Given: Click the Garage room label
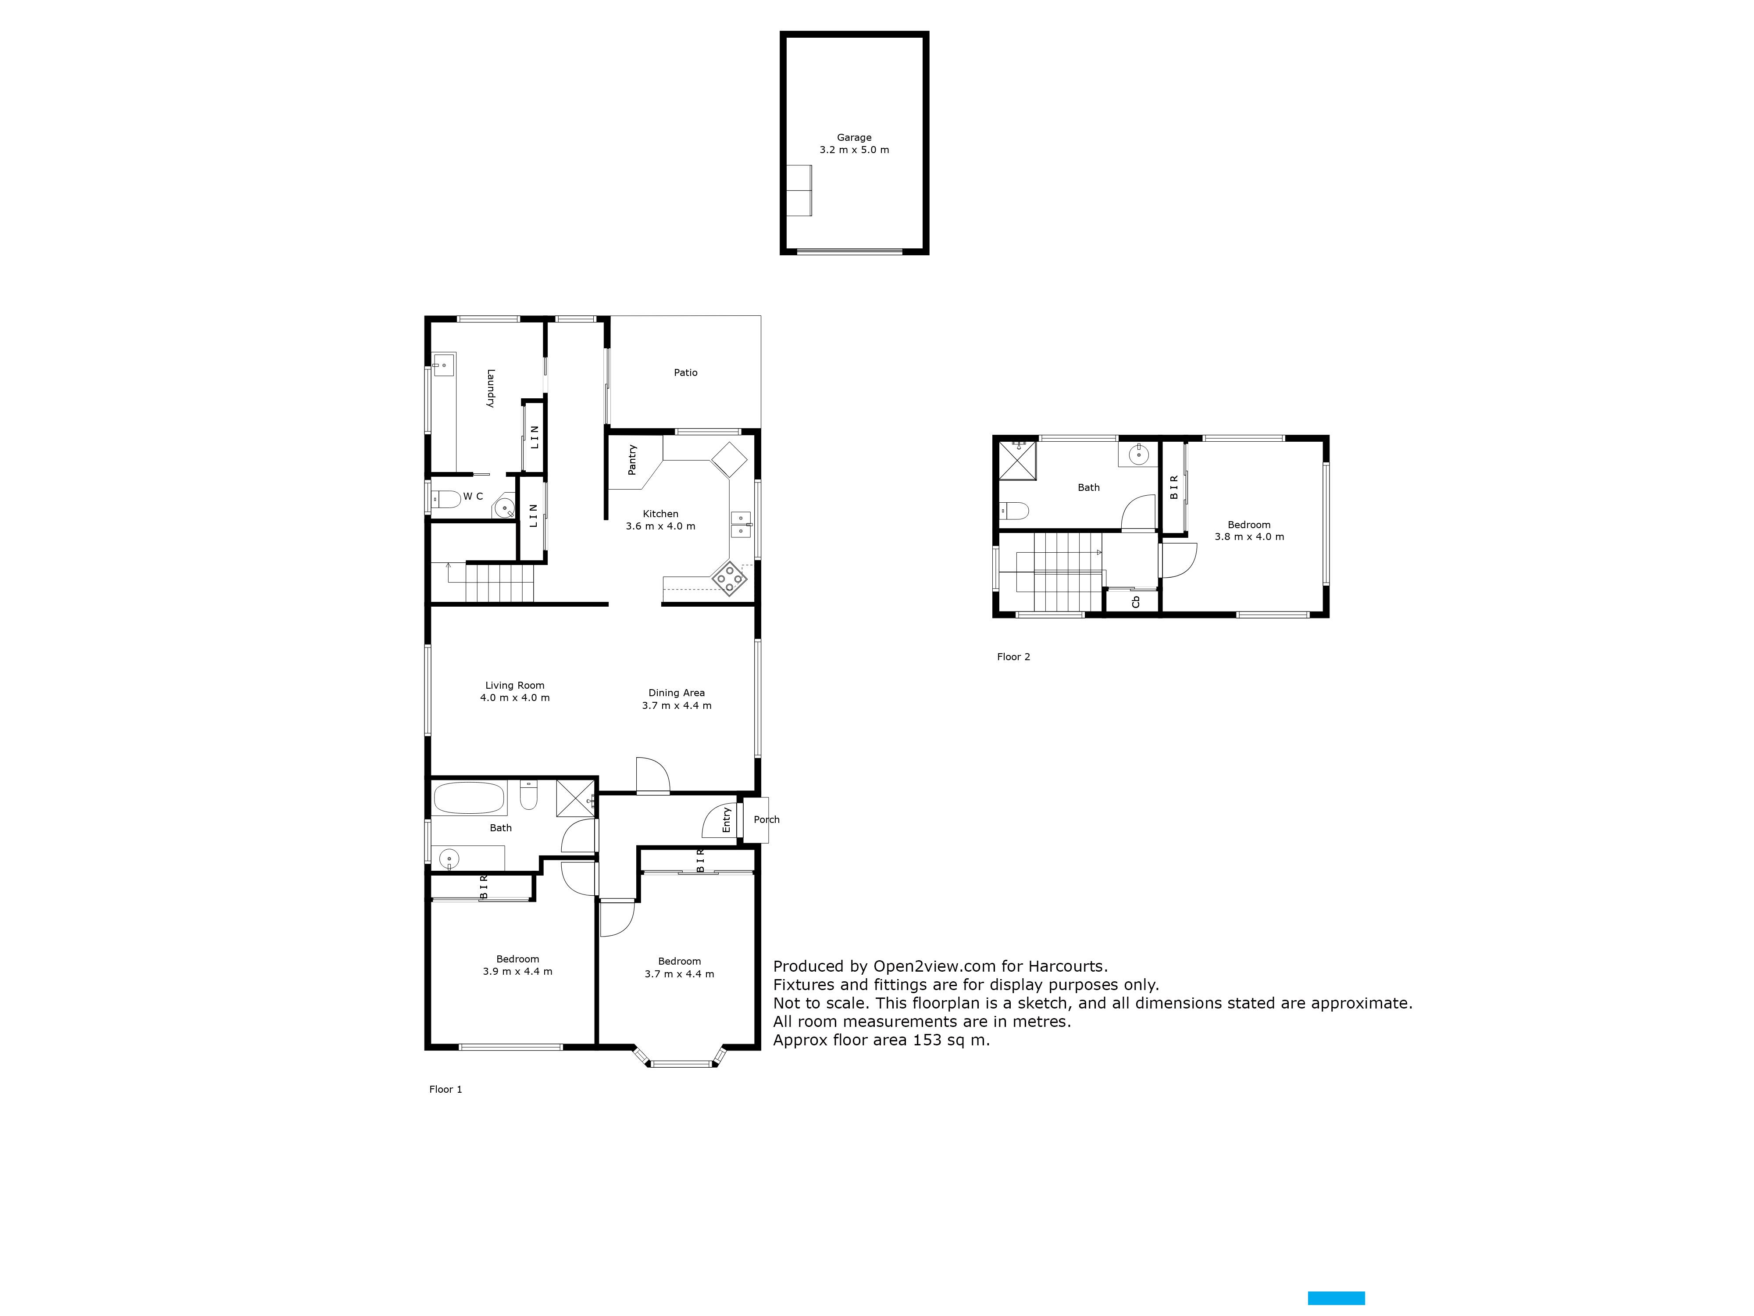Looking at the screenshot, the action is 854,137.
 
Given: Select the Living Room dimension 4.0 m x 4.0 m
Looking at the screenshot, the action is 515,698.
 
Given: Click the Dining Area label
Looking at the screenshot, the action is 676,693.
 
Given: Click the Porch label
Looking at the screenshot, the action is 767,819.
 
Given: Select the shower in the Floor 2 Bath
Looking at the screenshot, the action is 1017,461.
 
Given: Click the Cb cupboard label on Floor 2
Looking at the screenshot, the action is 1136,602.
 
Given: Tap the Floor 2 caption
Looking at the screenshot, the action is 1013,657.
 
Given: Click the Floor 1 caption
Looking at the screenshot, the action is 446,1089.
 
